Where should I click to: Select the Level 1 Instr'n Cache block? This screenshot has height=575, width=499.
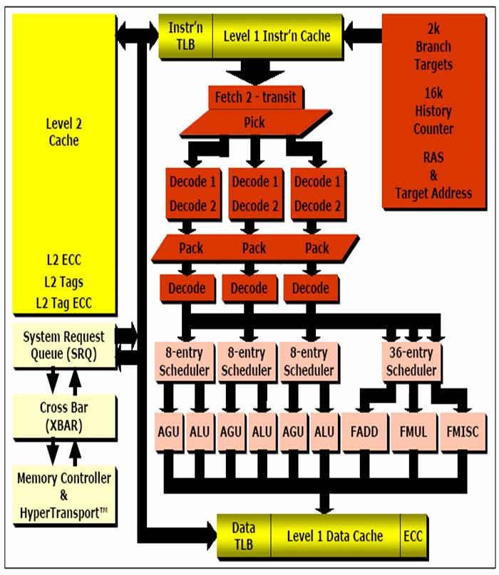pyautogui.click(x=278, y=35)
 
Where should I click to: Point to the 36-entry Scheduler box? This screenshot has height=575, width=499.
pyautogui.click(x=411, y=362)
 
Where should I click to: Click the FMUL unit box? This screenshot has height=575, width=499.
pyautogui.click(x=411, y=431)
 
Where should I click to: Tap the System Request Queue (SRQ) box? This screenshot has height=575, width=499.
pyautogui.click(x=63, y=344)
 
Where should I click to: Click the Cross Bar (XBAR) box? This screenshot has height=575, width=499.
pyautogui.click(x=63, y=415)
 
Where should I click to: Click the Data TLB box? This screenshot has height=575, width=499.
pyautogui.click(x=243, y=536)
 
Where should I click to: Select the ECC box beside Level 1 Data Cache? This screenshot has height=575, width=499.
pyautogui.click(x=413, y=536)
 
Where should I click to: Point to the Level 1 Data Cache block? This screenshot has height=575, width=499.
pyautogui.click(x=334, y=536)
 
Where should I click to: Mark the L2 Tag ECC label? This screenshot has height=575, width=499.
pyautogui.click(x=63, y=303)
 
